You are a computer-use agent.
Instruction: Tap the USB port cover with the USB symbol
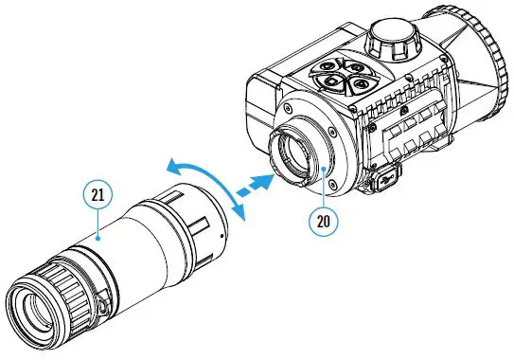383,177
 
